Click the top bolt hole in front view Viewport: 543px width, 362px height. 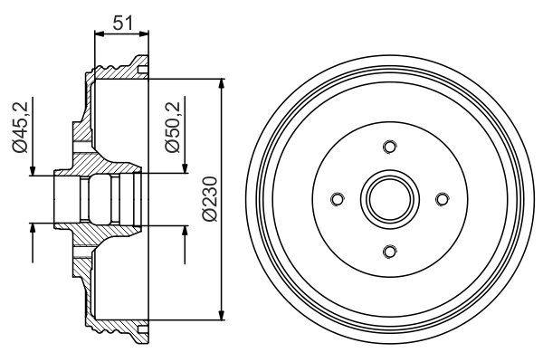coord(389,148)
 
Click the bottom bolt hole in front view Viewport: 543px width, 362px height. coord(389,251)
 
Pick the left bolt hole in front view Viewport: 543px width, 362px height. coord(338,199)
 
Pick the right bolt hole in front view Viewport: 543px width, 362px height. coord(441,199)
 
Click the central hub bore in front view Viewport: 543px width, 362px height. coord(389,199)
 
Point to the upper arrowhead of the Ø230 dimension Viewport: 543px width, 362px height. coord(221,84)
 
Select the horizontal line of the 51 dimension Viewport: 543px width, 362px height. coord(121,33)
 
